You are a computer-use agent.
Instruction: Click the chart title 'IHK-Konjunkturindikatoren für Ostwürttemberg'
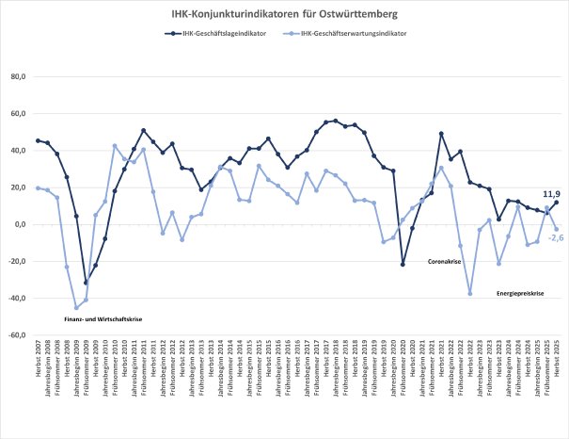coord(284,15)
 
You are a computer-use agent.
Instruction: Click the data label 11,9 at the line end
coord(553,193)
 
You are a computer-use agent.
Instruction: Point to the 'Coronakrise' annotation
coord(445,261)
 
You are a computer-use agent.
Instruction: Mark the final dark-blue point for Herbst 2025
coord(556,203)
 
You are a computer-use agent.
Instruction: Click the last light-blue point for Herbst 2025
coord(556,229)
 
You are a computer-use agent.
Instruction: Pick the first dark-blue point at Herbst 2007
coord(38,140)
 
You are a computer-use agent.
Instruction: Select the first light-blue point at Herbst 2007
coord(38,187)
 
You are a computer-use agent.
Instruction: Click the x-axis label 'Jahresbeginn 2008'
coord(48,372)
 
